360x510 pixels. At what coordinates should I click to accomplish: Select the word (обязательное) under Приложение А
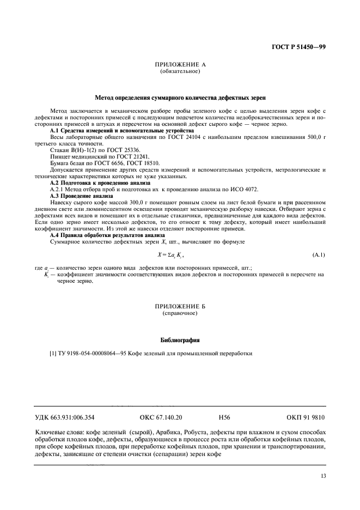180,71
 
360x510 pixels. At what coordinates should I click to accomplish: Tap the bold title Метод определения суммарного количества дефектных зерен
180,98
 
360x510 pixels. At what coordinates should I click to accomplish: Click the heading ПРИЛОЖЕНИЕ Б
180,309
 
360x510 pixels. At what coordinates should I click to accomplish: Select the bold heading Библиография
180,340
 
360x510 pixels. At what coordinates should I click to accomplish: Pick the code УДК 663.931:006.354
65,418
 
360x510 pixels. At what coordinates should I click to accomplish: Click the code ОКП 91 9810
306,418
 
